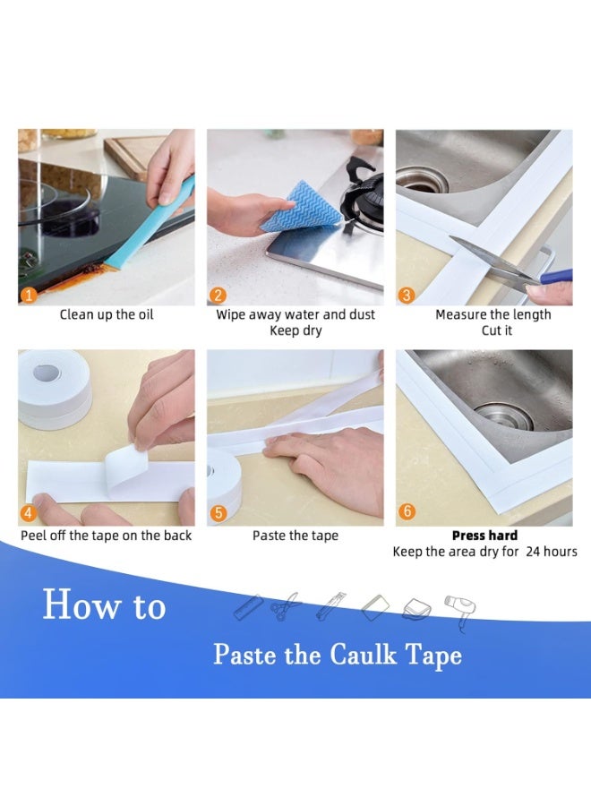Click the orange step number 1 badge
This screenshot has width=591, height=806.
(29, 294)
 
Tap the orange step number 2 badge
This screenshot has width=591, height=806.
(218, 295)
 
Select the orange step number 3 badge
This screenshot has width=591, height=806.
(407, 295)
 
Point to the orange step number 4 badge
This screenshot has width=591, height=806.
(29, 514)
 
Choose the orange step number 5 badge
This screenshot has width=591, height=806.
(218, 514)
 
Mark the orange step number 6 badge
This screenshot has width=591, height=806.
(407, 511)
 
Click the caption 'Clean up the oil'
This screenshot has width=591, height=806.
(106, 314)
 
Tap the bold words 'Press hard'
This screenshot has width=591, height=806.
(484, 536)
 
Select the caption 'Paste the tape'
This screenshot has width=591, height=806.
(295, 536)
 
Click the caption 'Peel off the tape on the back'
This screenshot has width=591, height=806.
(106, 536)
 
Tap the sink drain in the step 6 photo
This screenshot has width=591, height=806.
(507, 415)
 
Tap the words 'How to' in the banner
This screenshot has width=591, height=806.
(104, 606)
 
